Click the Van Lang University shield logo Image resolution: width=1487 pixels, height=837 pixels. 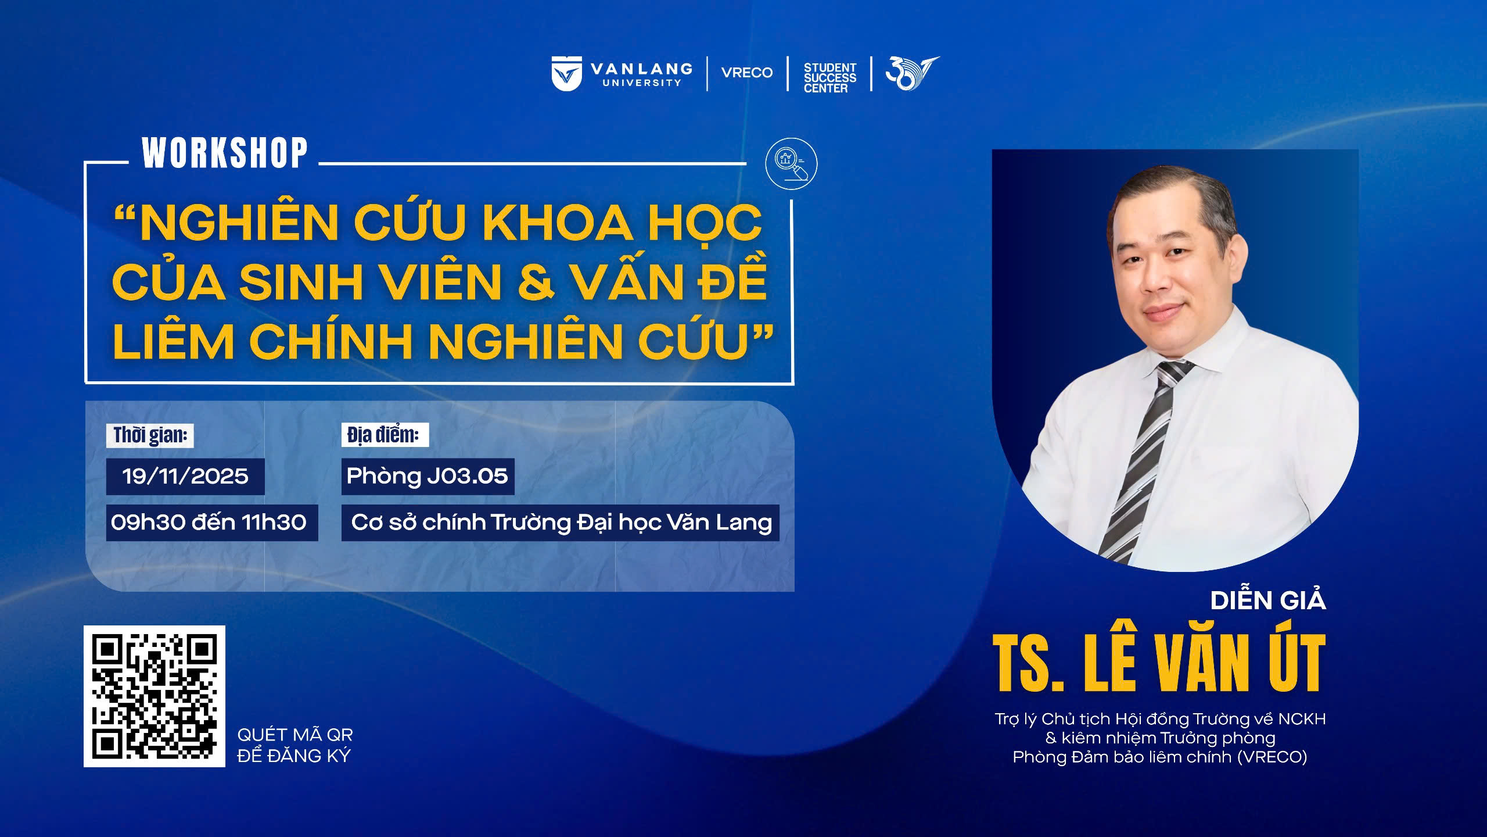point(566,74)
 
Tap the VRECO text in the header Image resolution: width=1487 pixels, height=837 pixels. point(747,73)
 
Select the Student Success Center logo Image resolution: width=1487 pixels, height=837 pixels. point(830,78)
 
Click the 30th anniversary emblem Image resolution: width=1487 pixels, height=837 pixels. point(912,73)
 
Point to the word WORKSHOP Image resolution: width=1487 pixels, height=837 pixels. point(225,153)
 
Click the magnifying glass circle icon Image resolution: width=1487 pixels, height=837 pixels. point(791,163)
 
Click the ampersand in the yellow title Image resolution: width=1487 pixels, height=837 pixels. point(536,282)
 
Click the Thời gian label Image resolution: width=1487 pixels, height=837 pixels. point(150,435)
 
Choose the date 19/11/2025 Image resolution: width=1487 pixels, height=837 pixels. point(185,477)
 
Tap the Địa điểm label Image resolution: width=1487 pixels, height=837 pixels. point(384,435)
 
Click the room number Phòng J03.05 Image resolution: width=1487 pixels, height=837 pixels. point(428,477)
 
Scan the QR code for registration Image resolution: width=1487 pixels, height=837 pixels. point(155,696)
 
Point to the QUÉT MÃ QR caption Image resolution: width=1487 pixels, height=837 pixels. point(295,735)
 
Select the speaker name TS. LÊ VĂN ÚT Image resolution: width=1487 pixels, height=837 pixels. point(1159,663)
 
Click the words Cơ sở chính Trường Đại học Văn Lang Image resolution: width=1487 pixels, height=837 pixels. point(561,523)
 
